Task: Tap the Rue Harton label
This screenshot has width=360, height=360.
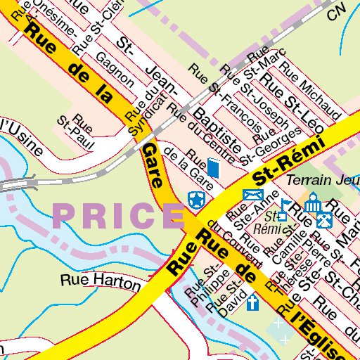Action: pyautogui.click(x=91, y=279)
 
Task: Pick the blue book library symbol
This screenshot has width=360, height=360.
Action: pyautogui.click(x=214, y=169)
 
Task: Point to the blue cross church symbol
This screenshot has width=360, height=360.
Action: pyautogui.click(x=252, y=304)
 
